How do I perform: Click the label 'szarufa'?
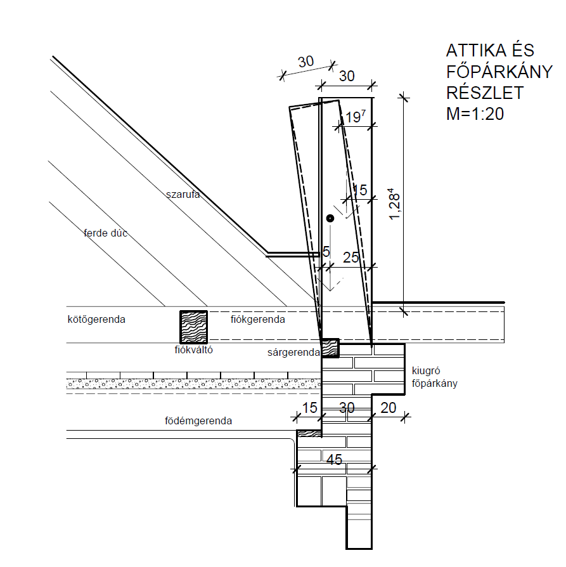[183, 195]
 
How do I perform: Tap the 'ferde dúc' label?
[106, 233]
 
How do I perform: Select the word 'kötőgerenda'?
[96, 319]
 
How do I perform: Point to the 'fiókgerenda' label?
[257, 319]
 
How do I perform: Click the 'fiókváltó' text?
[194, 349]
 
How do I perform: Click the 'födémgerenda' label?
[198, 420]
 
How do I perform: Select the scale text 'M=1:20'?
[475, 114]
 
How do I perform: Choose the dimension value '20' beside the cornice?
[389, 408]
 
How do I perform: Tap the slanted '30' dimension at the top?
[306, 62]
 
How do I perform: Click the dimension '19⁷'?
[355, 117]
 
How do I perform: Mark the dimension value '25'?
[351, 257]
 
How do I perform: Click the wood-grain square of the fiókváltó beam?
[194, 327]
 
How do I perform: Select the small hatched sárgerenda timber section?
[330, 348]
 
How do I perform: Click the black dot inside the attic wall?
[330, 218]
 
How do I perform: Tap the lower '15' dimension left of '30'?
[310, 408]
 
